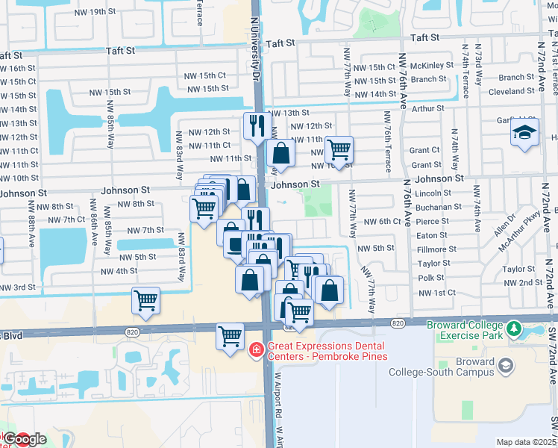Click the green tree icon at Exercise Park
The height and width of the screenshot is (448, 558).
[513, 329]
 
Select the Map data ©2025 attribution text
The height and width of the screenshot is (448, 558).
[526, 442]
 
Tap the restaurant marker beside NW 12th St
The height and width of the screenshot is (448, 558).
[257, 126]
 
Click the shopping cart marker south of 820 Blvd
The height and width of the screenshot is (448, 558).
[231, 336]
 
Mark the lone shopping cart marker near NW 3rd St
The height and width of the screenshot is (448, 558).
[146, 301]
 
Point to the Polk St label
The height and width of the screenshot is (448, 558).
[431, 278]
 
